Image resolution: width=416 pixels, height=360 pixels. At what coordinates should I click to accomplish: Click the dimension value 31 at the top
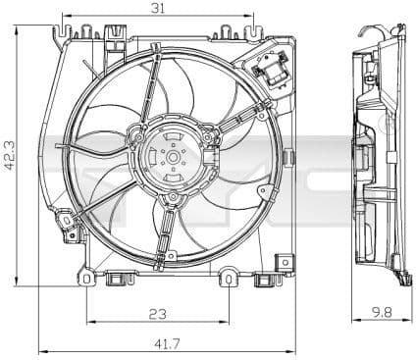157,10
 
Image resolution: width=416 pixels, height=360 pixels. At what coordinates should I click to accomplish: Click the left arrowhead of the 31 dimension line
65,18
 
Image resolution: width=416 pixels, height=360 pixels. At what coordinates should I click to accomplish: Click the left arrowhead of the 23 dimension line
89,322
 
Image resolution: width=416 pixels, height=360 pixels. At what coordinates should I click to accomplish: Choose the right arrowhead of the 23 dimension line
228,322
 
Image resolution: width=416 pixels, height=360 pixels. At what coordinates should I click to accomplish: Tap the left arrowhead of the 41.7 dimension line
40,350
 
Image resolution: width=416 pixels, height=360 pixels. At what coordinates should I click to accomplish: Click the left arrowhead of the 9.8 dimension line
354,322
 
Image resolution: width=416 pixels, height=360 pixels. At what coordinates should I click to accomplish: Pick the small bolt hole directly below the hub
173,200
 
